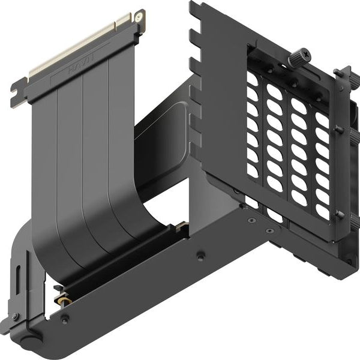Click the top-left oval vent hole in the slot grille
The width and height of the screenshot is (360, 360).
coord(251,79)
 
